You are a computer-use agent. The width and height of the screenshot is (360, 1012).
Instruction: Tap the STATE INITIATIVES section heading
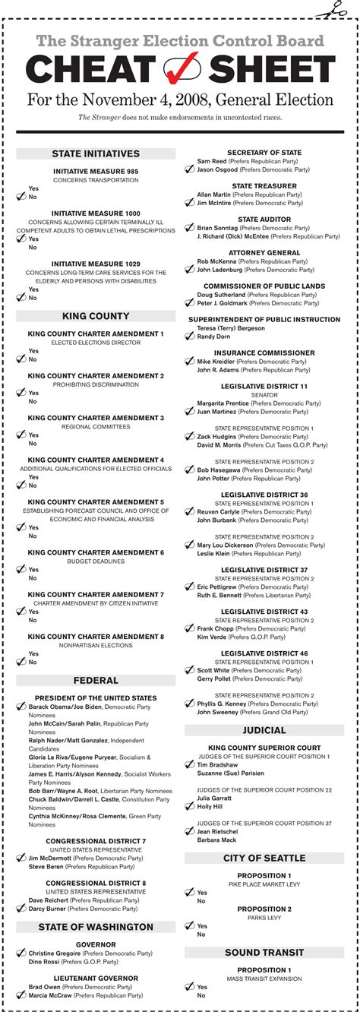[x=96, y=153]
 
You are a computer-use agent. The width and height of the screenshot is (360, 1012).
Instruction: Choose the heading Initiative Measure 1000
[x=96, y=213]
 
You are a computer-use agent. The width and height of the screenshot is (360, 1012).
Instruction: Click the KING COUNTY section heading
[x=96, y=316]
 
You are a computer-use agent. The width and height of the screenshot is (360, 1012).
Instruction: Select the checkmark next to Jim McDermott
[x=21, y=858]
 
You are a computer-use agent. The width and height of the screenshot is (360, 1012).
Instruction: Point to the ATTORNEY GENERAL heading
[x=264, y=252]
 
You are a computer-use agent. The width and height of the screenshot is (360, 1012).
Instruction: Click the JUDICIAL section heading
[x=264, y=730]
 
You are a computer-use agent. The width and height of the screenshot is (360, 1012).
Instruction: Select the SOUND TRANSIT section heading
[x=264, y=953]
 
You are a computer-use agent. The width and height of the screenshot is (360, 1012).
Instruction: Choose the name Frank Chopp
[x=216, y=629]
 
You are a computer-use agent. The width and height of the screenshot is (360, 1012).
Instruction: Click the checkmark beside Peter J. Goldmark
[x=190, y=303]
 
